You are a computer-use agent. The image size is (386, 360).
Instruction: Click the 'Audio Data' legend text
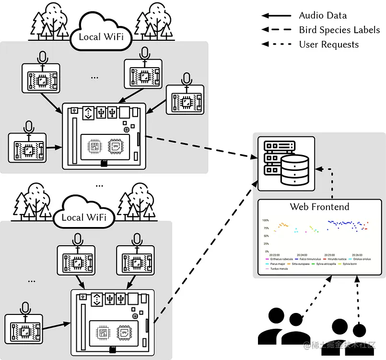point(323,15)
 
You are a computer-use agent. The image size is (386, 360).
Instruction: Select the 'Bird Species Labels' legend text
point(339,30)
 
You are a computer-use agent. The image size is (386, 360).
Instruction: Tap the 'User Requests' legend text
point(328,44)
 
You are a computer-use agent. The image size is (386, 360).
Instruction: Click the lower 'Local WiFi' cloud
point(84,217)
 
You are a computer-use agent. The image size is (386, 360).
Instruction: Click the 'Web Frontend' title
point(319,207)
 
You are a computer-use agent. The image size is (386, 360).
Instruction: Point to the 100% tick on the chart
point(265,220)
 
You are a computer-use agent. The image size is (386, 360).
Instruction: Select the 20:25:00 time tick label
point(329,255)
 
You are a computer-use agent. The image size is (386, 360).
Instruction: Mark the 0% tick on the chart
point(267,251)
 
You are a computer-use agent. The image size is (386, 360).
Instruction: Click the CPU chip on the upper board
point(115,146)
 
